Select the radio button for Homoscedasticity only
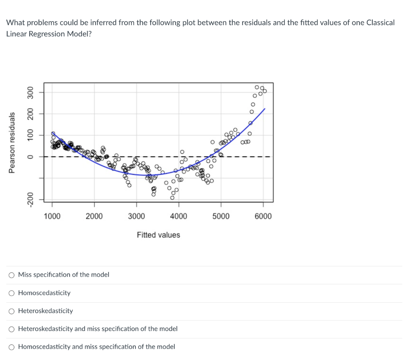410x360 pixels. [x=12, y=293]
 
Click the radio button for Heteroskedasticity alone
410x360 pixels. [x=12, y=311]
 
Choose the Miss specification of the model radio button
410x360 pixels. [x=12, y=275]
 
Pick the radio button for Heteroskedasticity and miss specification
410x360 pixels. [x=12, y=329]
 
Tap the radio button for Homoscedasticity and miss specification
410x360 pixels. [x=12, y=347]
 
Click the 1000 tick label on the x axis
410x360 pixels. [x=52, y=216]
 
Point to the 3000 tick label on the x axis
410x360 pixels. [x=137, y=216]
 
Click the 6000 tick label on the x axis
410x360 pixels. [x=263, y=216]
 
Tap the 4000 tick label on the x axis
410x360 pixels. [x=179, y=216]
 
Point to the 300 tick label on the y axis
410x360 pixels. [x=30, y=93]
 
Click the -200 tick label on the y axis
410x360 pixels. [x=30, y=199]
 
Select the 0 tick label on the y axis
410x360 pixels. [x=30, y=157]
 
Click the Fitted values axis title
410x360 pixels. [x=159, y=235]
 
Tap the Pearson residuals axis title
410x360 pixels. [x=12, y=143]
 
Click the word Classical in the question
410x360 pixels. [x=380, y=22]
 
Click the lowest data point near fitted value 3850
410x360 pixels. [x=172, y=198]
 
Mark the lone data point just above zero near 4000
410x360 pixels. [x=182, y=152]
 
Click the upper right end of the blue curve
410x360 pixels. [x=265, y=109]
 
